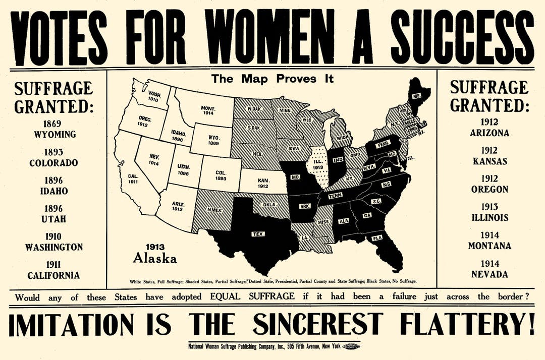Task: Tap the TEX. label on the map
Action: click(x=258, y=234)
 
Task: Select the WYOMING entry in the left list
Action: click(x=54, y=135)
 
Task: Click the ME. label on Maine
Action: click(x=416, y=95)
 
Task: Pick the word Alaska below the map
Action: click(x=155, y=259)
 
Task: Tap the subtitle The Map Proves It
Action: click(x=272, y=79)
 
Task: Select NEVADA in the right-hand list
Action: click(x=489, y=274)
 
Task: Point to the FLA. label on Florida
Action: click(x=376, y=237)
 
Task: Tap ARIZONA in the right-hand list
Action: click(x=489, y=133)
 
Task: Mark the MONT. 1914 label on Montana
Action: click(x=207, y=111)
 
